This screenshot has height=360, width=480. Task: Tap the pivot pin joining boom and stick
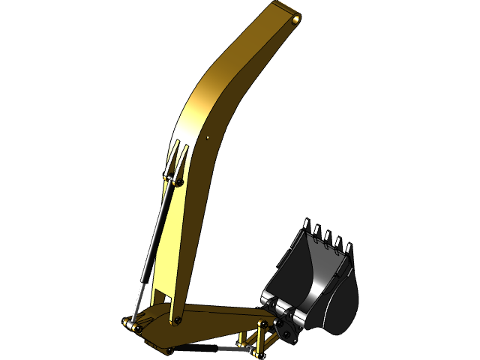click(177, 320)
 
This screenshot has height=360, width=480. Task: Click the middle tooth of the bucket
click(328, 236)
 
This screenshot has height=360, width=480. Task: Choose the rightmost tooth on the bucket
click(349, 247)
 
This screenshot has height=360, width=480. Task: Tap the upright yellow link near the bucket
click(261, 337)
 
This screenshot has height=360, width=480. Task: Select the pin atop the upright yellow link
click(262, 324)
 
